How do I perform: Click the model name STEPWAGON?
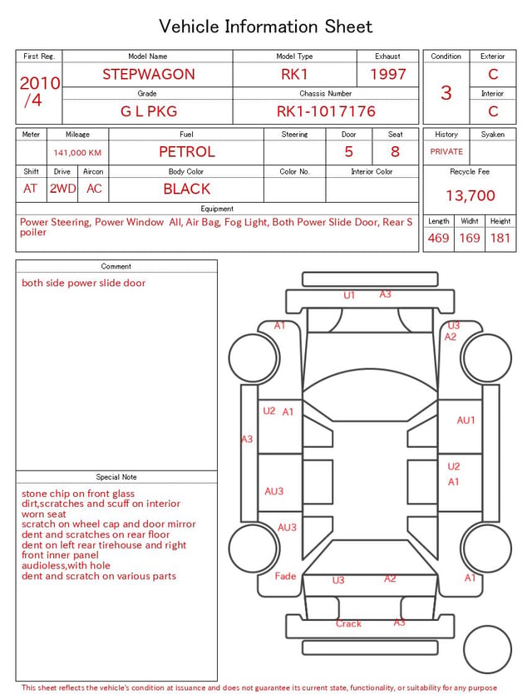[x=149, y=74]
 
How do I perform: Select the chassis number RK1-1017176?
[x=326, y=111]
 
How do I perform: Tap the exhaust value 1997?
[x=388, y=74]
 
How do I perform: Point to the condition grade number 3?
[x=446, y=93]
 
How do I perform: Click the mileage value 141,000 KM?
[x=77, y=153]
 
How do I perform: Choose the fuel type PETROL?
[x=187, y=152]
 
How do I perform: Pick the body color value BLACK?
[x=187, y=189]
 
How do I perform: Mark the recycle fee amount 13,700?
[x=470, y=195]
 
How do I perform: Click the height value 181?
[x=500, y=238]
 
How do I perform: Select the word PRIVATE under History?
[x=446, y=152]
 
